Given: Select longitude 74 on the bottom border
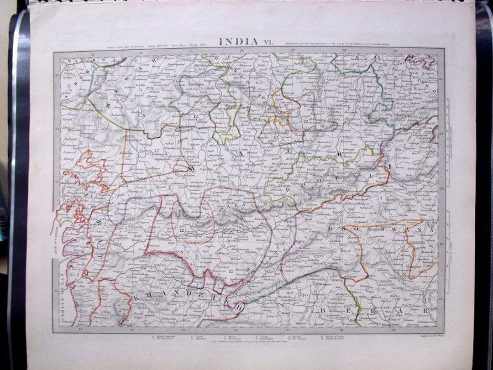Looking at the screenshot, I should pos(131,329).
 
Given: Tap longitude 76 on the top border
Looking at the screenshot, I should pos(241,50).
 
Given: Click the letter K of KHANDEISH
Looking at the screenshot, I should pos(136,297).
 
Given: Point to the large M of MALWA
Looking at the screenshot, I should pos(188,168).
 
